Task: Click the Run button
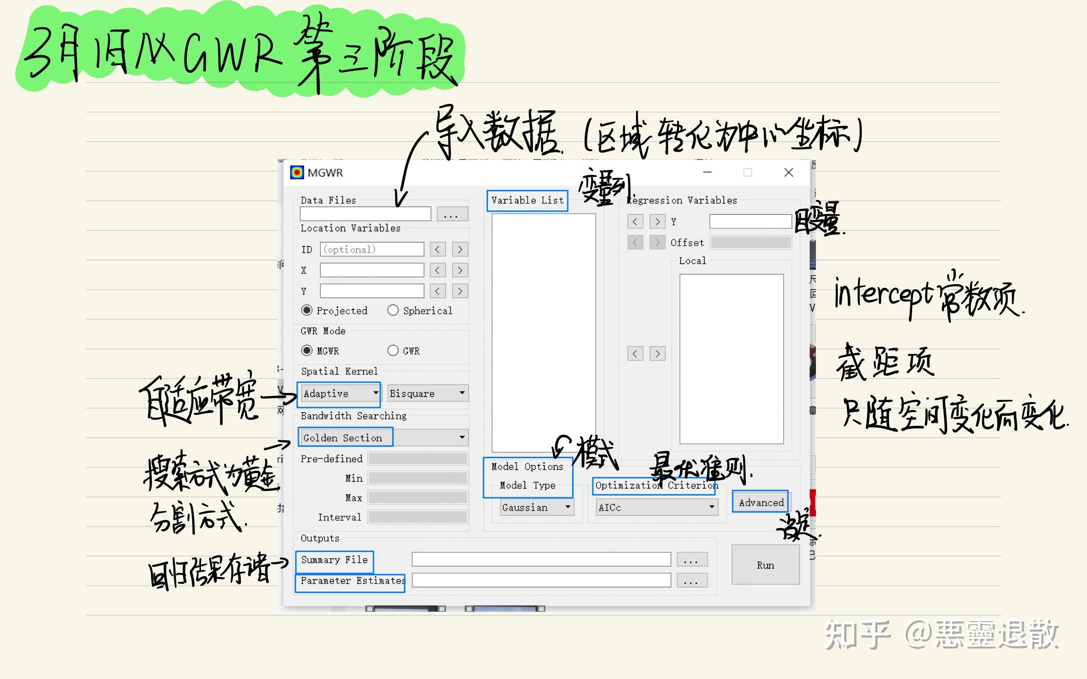(x=765, y=565)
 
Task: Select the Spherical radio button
(x=393, y=310)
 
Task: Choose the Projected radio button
(x=307, y=310)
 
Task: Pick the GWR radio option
(x=393, y=350)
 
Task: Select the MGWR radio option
(x=307, y=350)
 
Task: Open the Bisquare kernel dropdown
(x=427, y=393)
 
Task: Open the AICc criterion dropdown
(x=656, y=507)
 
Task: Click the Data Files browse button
(x=452, y=214)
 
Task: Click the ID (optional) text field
(x=372, y=250)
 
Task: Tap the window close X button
(x=789, y=173)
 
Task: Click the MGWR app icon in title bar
(x=297, y=173)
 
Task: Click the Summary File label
(x=334, y=560)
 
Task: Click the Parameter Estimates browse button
(x=692, y=581)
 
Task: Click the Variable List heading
(x=527, y=200)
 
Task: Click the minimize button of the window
(x=707, y=173)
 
